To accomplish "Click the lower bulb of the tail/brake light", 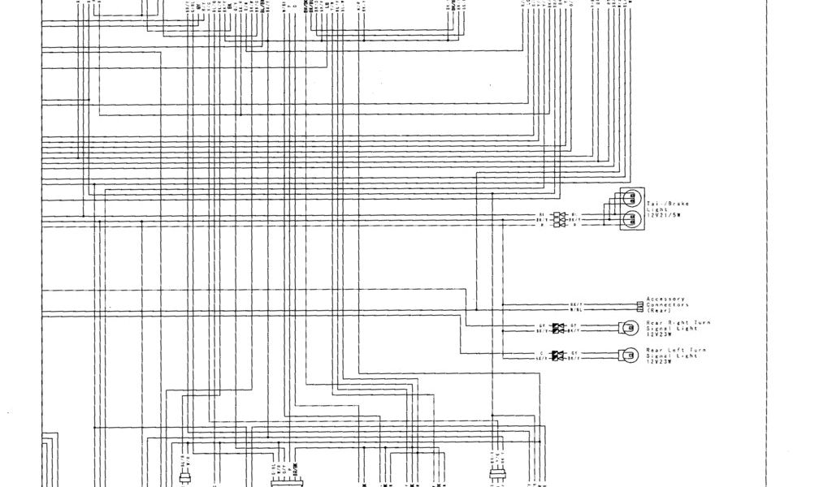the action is (631, 219).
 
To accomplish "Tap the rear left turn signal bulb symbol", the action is (627, 354).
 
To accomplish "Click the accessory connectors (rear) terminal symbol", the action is (640, 305).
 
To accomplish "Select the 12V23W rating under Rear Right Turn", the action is (660, 334).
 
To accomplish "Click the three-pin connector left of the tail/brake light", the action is (558, 219).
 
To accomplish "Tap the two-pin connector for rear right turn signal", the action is (558, 328).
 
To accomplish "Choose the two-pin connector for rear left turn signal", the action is (558, 354).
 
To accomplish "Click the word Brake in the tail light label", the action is (678, 204).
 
